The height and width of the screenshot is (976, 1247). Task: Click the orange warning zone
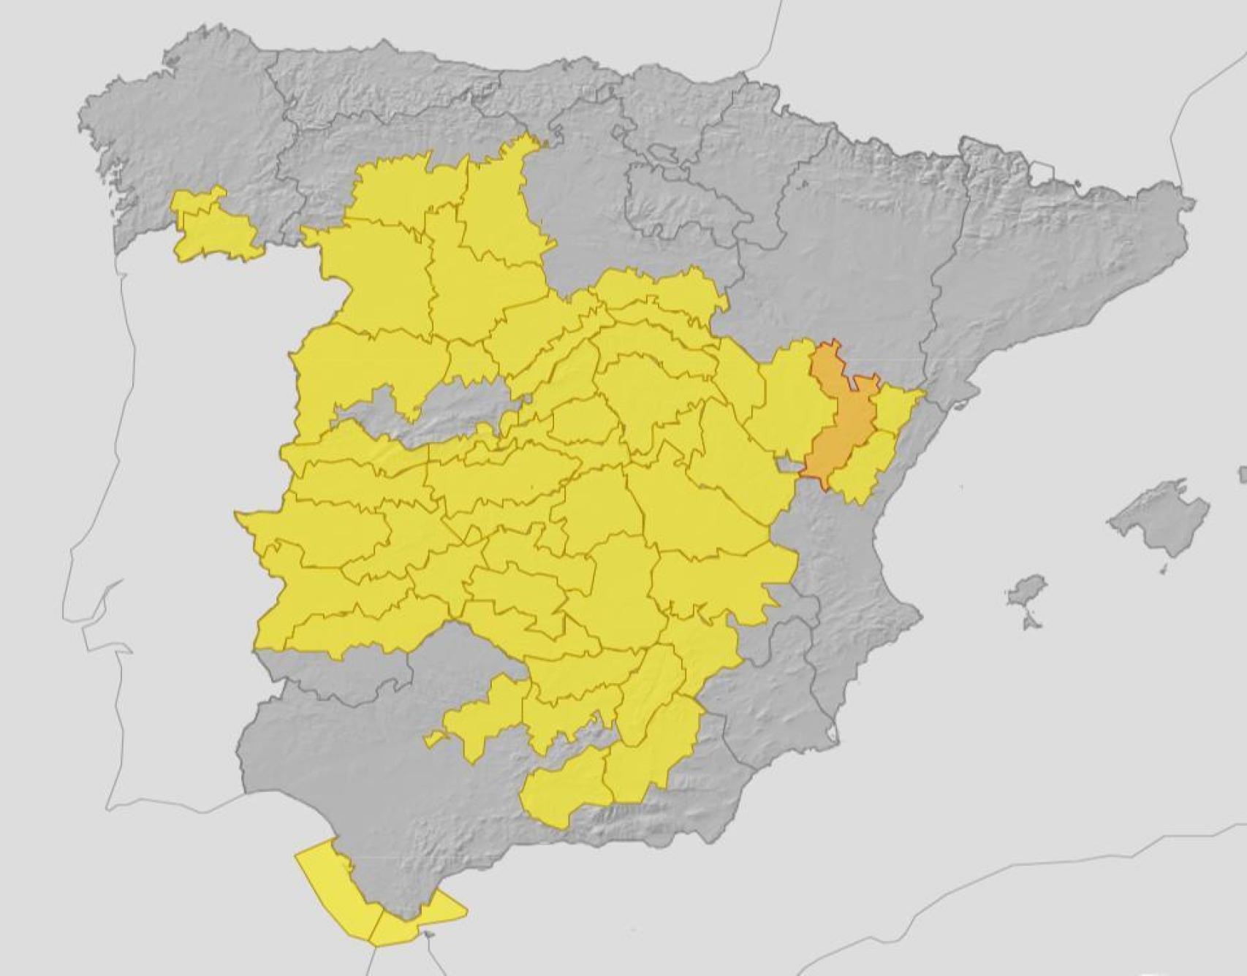coord(839,416)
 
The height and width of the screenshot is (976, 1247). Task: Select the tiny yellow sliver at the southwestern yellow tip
coord(434,739)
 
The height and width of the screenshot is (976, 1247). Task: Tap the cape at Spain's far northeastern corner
coord(1191,201)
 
